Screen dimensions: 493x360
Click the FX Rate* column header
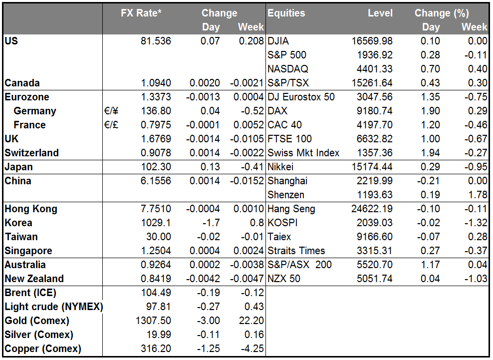pos(141,13)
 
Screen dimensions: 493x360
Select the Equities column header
pos(286,13)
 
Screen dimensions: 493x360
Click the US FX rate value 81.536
pos(156,41)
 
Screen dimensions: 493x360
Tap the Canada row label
pos(22,83)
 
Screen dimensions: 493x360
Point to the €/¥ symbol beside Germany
pos(111,111)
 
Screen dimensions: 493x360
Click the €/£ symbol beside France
pos(111,125)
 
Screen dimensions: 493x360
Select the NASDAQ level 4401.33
pos(374,69)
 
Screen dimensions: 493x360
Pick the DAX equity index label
pos(277,111)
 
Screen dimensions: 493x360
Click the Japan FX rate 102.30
pos(156,167)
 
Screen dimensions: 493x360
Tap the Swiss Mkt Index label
pos(303,153)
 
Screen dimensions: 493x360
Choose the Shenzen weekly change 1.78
pos(478,195)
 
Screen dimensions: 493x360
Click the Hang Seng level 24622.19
pos(372,209)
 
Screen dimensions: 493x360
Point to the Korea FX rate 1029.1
pos(156,223)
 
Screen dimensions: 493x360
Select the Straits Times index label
pos(296,251)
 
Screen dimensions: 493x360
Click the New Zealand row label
pos(34,279)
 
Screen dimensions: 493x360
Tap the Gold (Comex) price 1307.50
pos(153,321)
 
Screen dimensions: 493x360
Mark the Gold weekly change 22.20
pos(251,321)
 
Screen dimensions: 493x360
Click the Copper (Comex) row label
pos(43,349)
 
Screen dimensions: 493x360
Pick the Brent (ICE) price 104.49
pos(156,293)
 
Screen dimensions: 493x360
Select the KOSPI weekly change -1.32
pos(476,223)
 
